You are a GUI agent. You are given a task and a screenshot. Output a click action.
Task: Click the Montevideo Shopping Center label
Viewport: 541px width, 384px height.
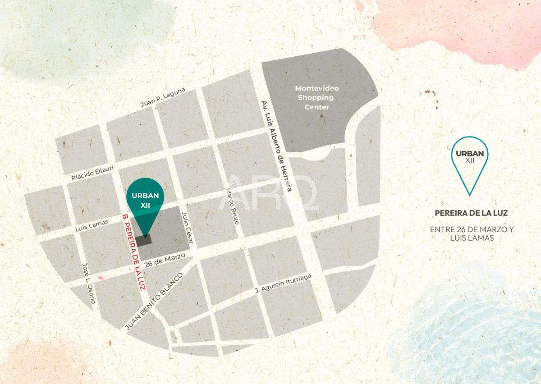pyautogui.click(x=317, y=97)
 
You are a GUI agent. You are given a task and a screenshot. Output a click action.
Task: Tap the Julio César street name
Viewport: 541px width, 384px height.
pyautogui.click(x=187, y=228)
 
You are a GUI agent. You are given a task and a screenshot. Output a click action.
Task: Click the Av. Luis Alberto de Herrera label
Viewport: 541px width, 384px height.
pyautogui.click(x=276, y=146)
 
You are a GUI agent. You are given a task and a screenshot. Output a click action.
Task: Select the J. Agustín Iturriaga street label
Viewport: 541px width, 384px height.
pyautogui.click(x=284, y=283)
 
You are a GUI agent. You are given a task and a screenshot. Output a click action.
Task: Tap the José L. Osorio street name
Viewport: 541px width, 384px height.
pyautogui.click(x=88, y=283)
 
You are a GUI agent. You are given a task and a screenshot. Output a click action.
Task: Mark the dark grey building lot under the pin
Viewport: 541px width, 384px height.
pyautogui.click(x=144, y=240)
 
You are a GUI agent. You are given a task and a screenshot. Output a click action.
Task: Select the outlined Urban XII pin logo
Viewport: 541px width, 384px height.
pyautogui.click(x=470, y=162)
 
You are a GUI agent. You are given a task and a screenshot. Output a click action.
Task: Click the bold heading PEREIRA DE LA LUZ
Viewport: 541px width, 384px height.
pyautogui.click(x=471, y=213)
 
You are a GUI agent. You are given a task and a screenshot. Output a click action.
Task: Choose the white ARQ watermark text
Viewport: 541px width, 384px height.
pyautogui.click(x=269, y=193)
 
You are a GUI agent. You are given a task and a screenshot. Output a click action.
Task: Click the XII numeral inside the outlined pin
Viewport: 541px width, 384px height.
pyautogui.click(x=470, y=161)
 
